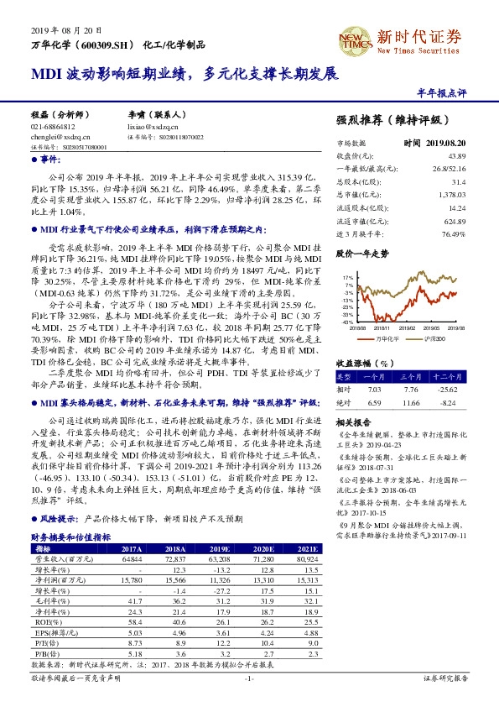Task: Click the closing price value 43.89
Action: coord(457,156)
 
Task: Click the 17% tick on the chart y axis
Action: coord(346,276)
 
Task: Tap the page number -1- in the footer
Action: coord(249,678)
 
